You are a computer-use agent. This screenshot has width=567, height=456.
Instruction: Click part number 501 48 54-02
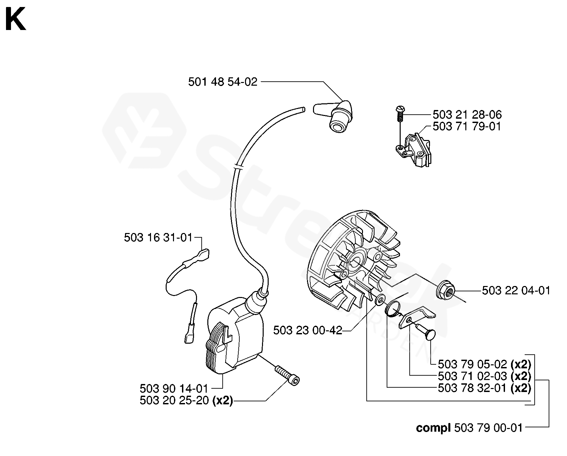tap(223, 82)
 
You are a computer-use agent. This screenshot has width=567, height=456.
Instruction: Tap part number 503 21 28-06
tap(467, 115)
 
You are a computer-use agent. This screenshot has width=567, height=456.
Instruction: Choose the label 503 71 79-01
tap(467, 126)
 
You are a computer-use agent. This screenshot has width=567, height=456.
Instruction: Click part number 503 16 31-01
tap(158, 237)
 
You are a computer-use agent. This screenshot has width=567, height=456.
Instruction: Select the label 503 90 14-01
tap(174, 388)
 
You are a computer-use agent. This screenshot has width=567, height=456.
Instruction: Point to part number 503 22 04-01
tap(516, 291)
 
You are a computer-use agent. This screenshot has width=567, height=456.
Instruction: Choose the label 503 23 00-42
tap(308, 330)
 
